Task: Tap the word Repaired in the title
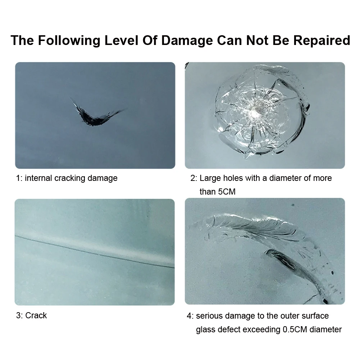322,40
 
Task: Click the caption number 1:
19,178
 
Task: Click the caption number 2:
194,178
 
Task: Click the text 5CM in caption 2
227,192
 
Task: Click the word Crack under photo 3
36,315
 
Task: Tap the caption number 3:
19,315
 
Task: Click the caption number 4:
190,316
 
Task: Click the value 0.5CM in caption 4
295,330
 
